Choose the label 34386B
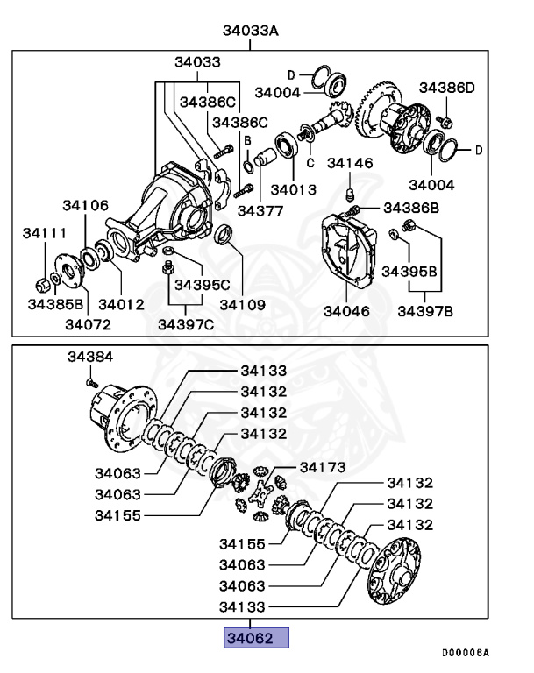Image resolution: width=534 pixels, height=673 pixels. (410, 208)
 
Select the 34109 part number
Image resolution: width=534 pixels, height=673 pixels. (242, 304)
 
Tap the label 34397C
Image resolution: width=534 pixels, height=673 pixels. (185, 325)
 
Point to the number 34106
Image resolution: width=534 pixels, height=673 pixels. (85, 205)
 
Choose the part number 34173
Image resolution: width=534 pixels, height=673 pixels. (323, 466)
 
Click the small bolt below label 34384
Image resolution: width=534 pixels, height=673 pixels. (90, 381)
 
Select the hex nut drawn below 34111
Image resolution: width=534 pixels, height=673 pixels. (40, 285)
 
